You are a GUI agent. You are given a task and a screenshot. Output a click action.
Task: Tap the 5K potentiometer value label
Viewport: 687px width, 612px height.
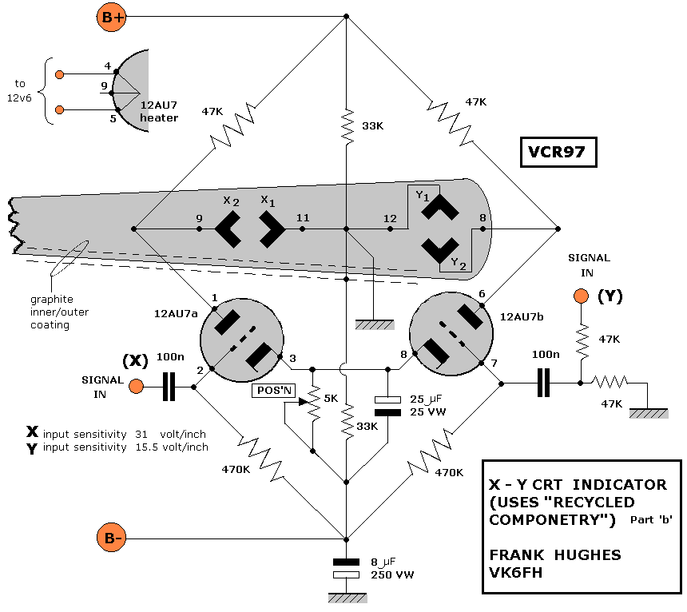(x=332, y=397)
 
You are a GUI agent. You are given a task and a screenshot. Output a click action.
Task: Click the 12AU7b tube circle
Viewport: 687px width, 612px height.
(x=450, y=335)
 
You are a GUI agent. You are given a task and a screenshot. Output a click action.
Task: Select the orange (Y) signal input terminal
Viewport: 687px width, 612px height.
(x=581, y=296)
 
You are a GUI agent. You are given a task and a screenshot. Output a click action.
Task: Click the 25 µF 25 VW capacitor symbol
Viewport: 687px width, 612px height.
(x=387, y=405)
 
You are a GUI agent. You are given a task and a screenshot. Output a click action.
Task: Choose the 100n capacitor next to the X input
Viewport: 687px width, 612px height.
(x=169, y=387)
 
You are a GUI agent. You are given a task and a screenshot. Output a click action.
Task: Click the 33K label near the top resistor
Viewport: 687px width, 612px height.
(x=372, y=125)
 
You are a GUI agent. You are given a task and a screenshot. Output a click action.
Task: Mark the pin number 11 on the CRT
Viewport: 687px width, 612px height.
(x=302, y=217)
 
